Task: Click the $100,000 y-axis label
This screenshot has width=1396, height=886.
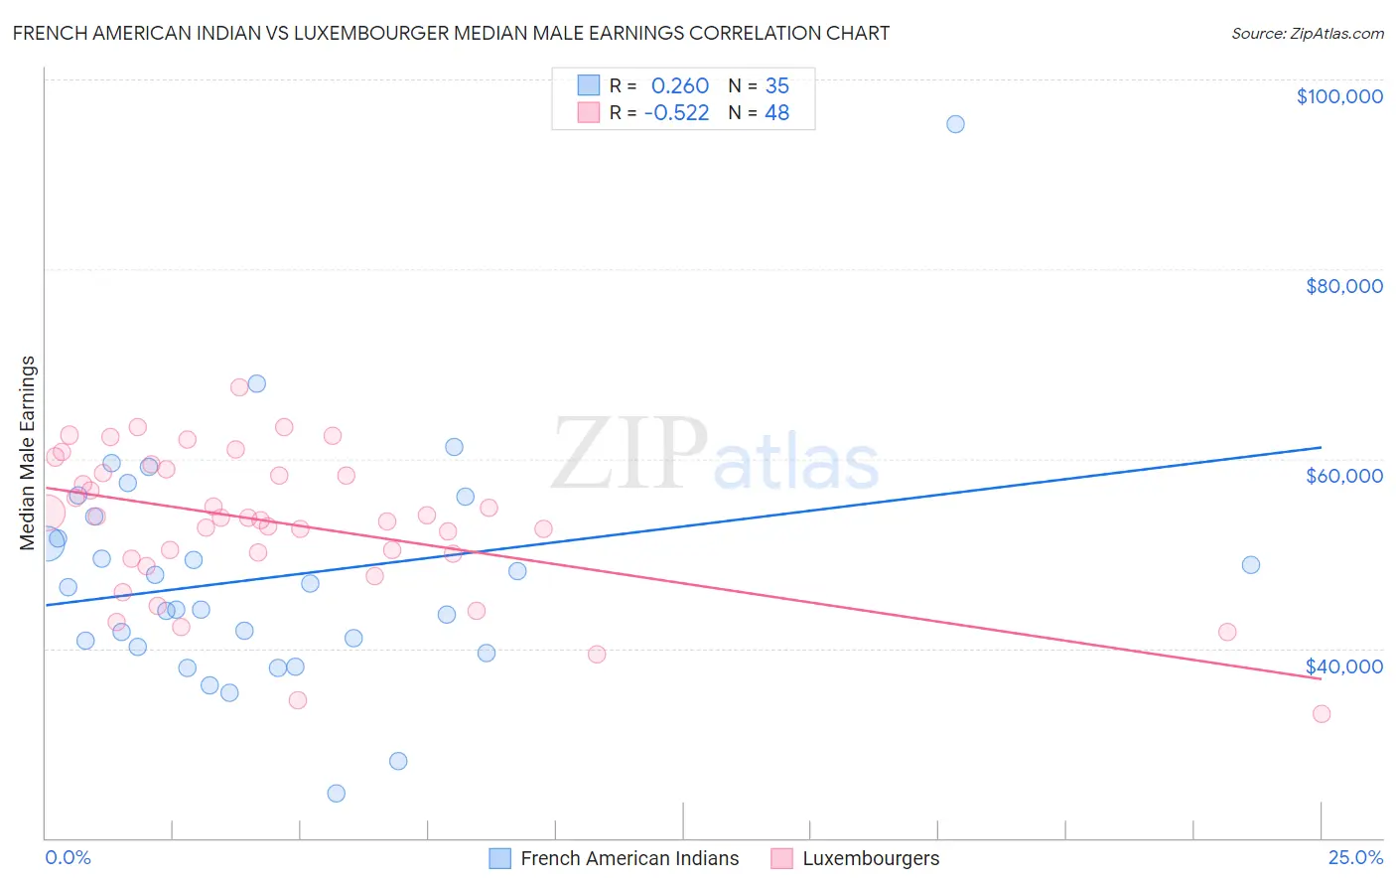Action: [x=1339, y=96]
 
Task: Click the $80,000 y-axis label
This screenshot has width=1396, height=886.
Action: [x=1343, y=286]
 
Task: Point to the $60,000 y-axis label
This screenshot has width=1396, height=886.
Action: [x=1343, y=476]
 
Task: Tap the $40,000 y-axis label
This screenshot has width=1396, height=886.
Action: [x=1343, y=666]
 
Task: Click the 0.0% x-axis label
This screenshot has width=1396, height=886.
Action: [x=68, y=857]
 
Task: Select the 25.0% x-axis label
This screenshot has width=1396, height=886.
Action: [x=1355, y=857]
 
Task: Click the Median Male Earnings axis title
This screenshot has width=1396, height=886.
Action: [x=28, y=453]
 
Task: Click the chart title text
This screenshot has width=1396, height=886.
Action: [x=451, y=33]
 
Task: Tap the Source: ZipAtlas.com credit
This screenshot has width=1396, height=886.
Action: [x=1307, y=33]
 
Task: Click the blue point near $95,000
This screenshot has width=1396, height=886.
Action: [x=955, y=124]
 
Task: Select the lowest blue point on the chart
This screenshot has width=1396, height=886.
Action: [x=337, y=793]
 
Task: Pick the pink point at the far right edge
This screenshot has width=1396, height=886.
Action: [x=1322, y=713]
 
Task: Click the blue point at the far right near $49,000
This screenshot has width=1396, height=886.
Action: [x=1251, y=565]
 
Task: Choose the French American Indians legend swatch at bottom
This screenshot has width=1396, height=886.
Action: [x=500, y=858]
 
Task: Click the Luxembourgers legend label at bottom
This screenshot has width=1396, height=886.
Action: [x=871, y=858]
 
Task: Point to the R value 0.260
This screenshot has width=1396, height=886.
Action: [x=680, y=85]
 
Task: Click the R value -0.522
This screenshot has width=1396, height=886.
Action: [x=676, y=113]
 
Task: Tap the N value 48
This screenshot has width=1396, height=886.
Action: [x=776, y=113]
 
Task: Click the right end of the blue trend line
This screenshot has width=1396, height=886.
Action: [x=1321, y=447]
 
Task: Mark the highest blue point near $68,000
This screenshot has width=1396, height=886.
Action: [x=256, y=383]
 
